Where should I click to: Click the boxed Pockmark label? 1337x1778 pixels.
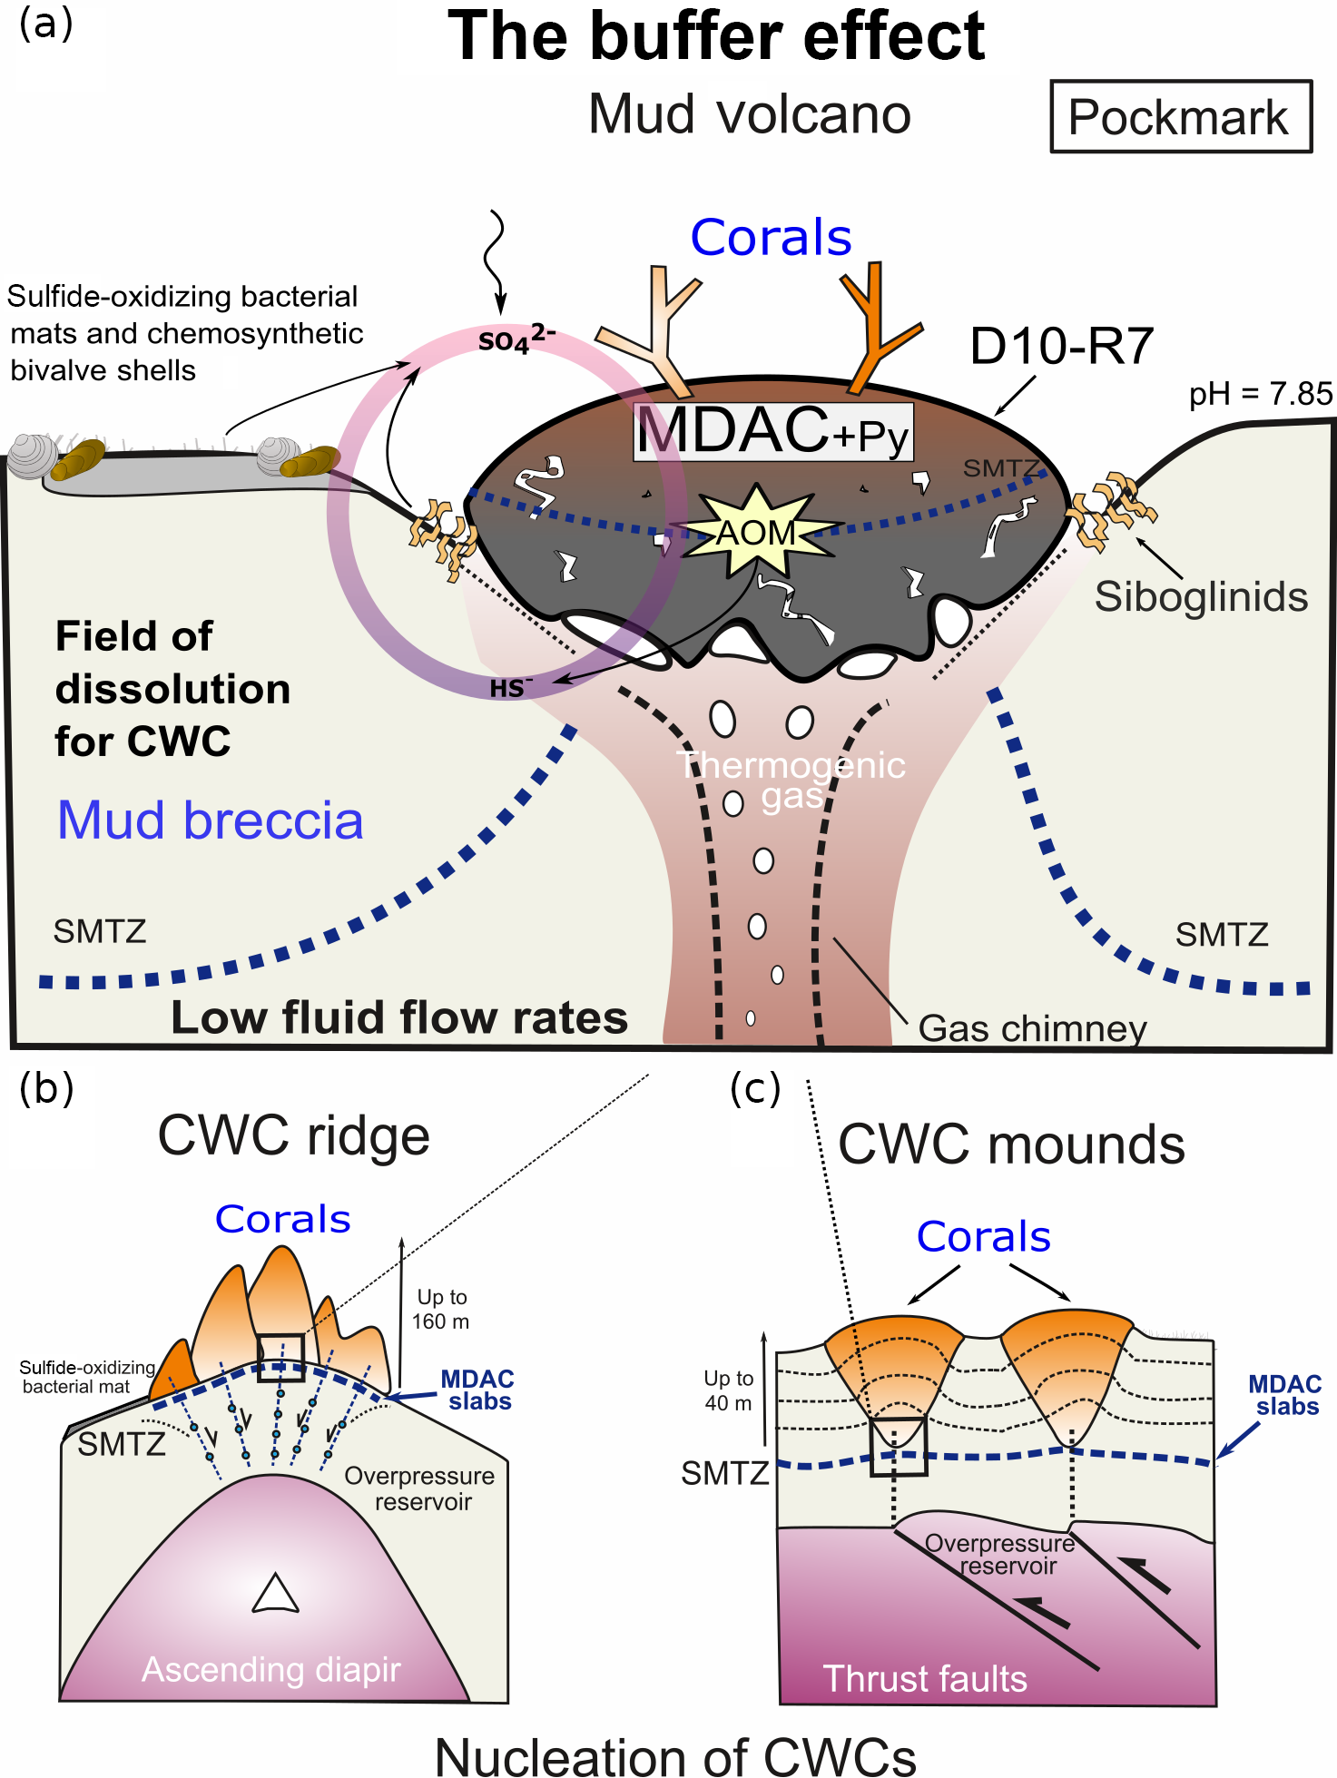point(1180,117)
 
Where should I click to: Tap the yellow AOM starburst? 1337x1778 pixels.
point(756,532)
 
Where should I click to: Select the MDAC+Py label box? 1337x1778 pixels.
point(773,432)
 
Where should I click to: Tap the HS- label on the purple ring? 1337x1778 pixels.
point(511,688)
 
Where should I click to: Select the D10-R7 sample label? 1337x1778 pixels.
point(1061,347)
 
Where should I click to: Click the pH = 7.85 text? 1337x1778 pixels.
point(1260,394)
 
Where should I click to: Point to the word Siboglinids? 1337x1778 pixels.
point(1201,597)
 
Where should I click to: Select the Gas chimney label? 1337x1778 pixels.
point(1032,1028)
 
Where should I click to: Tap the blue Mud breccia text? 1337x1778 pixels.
point(211,820)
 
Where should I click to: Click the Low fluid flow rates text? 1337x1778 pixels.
point(399,1017)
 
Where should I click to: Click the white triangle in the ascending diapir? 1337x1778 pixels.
point(275,1595)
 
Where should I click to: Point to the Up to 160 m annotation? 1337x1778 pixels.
point(441,1309)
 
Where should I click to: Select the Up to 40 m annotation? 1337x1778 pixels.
point(729,1390)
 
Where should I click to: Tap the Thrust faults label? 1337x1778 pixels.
point(925,1679)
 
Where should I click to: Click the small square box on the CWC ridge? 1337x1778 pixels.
point(280,1358)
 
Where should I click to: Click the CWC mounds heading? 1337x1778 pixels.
point(1011,1144)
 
